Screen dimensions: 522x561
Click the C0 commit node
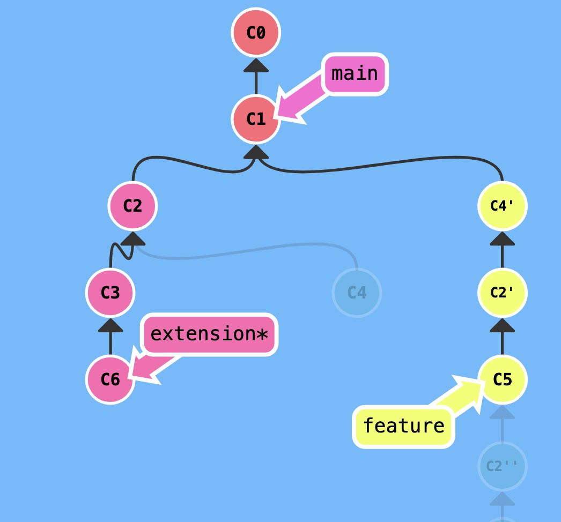point(256,33)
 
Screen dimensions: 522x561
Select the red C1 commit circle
point(256,119)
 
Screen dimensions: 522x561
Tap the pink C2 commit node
point(132,206)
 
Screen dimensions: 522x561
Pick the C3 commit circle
point(110,293)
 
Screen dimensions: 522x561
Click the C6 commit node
point(110,379)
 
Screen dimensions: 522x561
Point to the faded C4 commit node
point(357,293)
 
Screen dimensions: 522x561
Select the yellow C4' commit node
point(503,206)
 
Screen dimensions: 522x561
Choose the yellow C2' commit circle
point(503,293)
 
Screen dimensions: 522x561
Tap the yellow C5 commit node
point(503,379)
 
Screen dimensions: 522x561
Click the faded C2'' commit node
point(503,466)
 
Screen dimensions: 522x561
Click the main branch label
point(355,74)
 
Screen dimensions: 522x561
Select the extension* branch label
point(210,334)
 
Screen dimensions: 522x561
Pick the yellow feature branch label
point(403,426)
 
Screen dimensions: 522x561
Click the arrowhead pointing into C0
point(256,65)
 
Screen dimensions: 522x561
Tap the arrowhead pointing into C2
point(132,238)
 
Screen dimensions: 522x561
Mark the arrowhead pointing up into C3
point(110,325)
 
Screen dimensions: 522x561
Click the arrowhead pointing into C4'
point(503,238)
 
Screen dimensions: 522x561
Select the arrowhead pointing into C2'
point(503,325)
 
